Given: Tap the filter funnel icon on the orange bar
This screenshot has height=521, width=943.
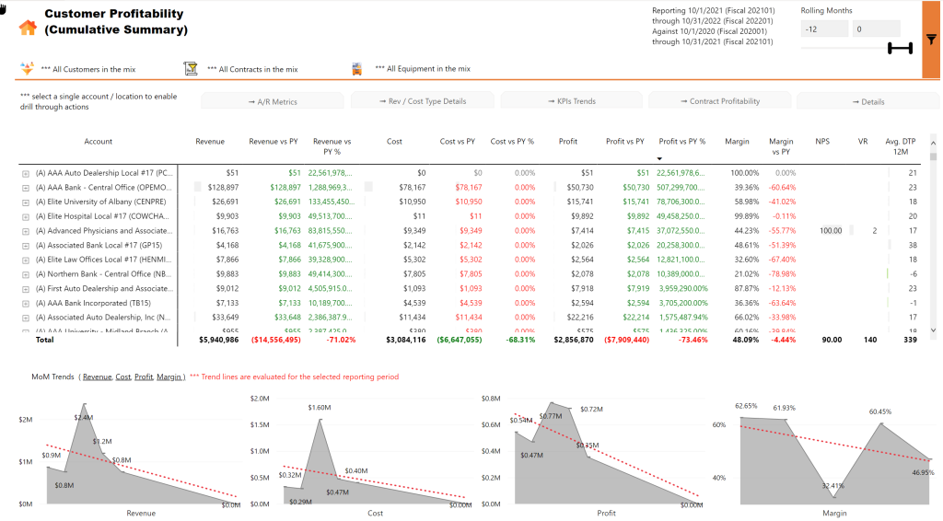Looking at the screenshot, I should point(931,40).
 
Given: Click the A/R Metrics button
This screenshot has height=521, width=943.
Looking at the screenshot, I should point(273,101).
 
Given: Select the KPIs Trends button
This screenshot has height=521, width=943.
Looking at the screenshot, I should point(571,101).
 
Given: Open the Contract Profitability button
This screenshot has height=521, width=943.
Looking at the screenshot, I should point(720,101).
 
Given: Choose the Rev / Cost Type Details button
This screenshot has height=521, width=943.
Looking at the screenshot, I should point(422,101).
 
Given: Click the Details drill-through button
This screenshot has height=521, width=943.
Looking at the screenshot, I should point(868,101).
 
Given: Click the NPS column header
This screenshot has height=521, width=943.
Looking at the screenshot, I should point(821,142).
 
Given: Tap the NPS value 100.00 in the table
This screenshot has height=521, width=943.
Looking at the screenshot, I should point(831,230).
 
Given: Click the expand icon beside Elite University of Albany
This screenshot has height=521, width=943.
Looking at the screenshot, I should point(25,202).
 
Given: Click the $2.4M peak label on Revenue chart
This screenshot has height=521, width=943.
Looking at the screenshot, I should point(83,418).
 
